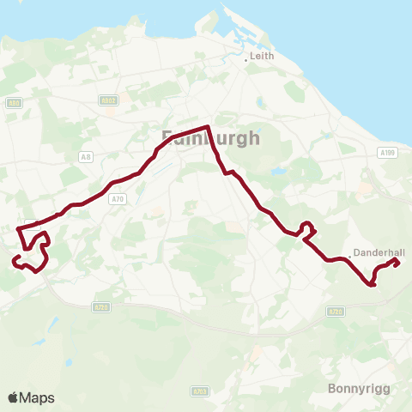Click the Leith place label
pos(262,58)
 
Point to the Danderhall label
pos(379,252)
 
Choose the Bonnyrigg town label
pos(359,388)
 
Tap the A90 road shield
pos(13,103)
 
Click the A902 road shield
pos(107,100)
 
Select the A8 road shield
pos(85,156)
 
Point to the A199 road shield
pos(386,152)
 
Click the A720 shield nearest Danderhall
pos(336,312)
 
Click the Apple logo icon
pos(13,397)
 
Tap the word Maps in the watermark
pos(37,397)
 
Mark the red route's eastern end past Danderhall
pos(397,264)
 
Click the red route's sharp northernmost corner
pos(209,128)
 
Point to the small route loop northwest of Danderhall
pos(307,229)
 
